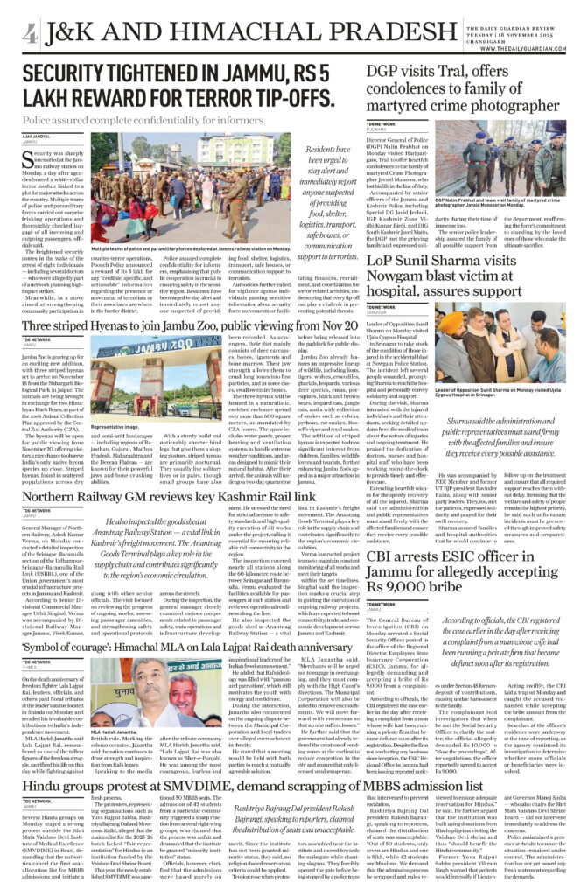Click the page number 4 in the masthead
tap(31, 34)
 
